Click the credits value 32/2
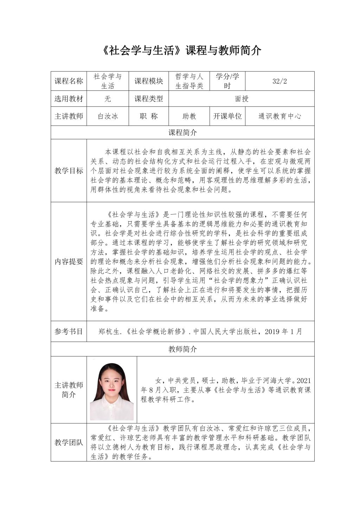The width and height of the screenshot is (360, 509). (279, 81)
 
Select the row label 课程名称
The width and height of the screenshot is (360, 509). (69, 81)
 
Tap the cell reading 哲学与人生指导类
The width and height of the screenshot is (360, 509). (189, 81)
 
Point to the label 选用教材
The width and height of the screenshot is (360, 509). (69, 99)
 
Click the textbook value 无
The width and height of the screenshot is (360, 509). (108, 99)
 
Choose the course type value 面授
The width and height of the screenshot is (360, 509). (242, 99)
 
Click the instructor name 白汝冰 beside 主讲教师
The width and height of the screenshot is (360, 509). (108, 116)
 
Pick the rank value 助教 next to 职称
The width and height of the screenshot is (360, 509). (189, 116)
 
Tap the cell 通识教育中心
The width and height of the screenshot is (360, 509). (279, 116)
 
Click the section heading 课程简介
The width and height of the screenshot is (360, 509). (182, 133)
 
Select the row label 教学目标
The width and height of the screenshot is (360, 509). (69, 171)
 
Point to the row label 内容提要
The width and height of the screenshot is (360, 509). (69, 262)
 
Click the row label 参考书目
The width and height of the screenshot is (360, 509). (69, 331)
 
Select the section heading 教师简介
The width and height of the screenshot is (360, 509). (182, 349)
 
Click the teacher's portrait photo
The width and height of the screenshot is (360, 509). (112, 390)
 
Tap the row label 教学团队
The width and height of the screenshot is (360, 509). (69, 442)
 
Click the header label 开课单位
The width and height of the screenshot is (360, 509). (227, 116)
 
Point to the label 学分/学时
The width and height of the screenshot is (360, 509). (227, 81)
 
